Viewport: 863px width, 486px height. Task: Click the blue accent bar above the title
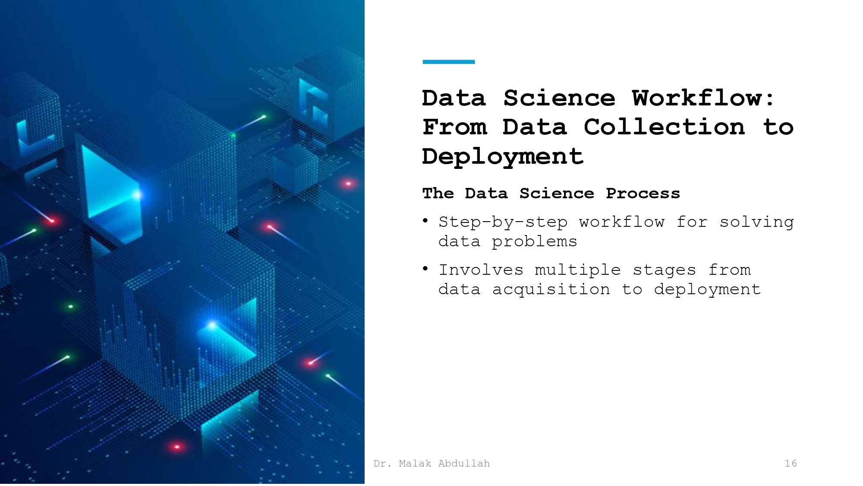click(448, 62)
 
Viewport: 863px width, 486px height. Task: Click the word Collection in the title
click(665, 127)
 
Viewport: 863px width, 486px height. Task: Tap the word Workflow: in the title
click(703, 98)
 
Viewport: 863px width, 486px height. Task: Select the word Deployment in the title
click(503, 156)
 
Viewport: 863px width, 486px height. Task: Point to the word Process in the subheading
click(643, 194)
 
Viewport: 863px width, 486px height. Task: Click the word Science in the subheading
click(557, 194)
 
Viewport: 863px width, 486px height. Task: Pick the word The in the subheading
click(438, 194)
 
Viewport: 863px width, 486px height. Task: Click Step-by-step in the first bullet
click(503, 222)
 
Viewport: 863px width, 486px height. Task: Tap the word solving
click(756, 222)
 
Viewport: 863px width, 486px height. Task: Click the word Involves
click(481, 270)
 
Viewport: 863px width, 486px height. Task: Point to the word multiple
click(578, 270)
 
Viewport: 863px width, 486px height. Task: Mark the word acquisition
click(551, 289)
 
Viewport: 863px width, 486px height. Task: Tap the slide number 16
click(791, 464)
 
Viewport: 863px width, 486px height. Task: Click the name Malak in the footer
click(415, 464)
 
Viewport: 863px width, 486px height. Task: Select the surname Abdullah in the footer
click(464, 464)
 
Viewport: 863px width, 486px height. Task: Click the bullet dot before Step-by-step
click(425, 222)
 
